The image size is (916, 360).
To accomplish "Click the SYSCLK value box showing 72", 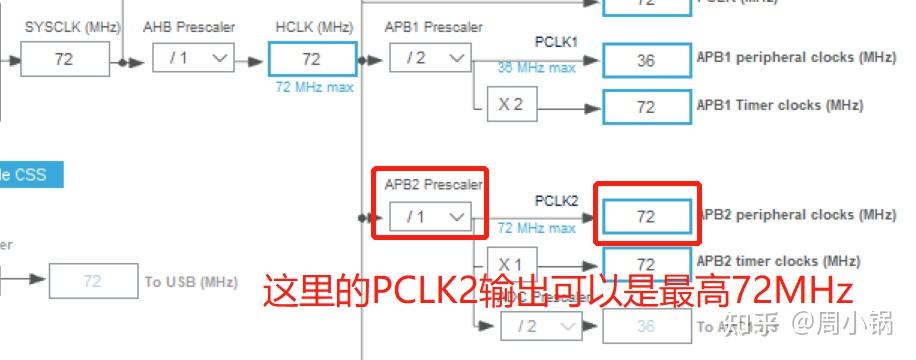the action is [64, 59].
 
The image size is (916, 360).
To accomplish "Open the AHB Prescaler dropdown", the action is [193, 59].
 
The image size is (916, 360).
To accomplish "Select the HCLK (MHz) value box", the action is [311, 59].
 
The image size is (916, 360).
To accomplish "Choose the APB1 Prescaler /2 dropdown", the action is [429, 59].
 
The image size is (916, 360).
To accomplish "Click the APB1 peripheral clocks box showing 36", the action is [645, 60].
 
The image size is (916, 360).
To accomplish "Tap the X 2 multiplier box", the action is [511, 104].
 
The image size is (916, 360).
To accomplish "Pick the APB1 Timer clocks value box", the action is [645, 105].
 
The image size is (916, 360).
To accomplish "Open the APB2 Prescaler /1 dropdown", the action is [429, 216].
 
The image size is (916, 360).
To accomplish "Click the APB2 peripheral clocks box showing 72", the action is [645, 217].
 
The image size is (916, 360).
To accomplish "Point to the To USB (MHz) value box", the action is [93, 281].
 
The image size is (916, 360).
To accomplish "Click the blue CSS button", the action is [30, 175].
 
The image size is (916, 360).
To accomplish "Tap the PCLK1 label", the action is [556, 42].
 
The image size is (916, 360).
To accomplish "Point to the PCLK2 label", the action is [556, 200].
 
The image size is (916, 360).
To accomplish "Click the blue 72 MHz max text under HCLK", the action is [312, 88].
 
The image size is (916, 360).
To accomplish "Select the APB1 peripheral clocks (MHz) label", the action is [795, 58].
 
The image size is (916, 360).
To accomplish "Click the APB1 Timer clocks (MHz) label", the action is [779, 104].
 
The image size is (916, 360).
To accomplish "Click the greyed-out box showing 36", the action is [645, 326].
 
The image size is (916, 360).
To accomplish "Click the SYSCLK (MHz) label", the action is [66, 26].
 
